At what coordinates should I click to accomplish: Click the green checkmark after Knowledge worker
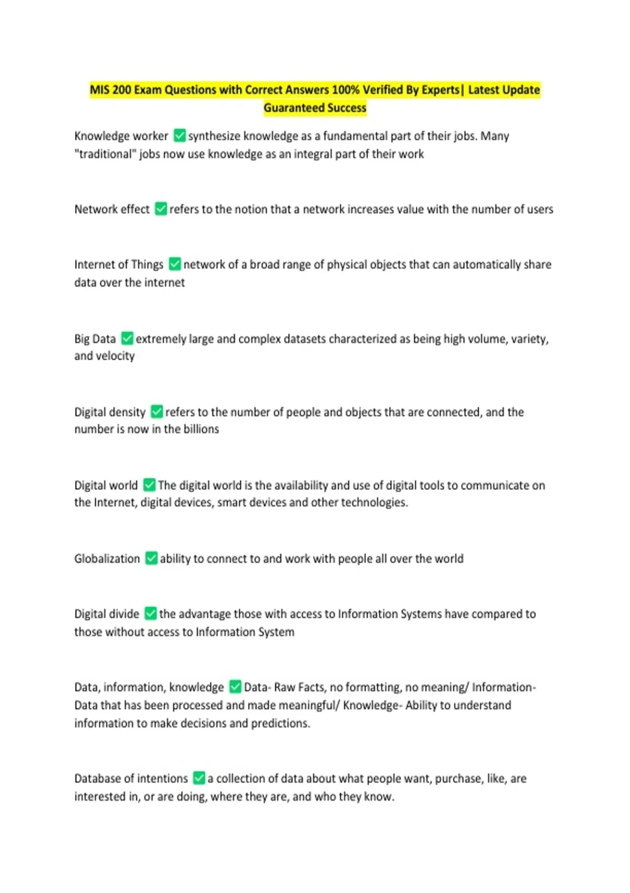pos(180,136)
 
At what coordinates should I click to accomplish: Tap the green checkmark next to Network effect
pos(161,209)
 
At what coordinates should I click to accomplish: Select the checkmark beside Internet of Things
pos(175,264)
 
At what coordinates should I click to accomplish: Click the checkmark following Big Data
pos(127,338)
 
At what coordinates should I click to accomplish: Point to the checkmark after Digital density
pos(156,411)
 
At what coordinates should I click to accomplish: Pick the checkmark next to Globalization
pos(151,558)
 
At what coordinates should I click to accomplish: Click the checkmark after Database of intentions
pos(199,777)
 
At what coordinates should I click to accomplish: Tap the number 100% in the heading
pos(345,90)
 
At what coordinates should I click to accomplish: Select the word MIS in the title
pos(99,90)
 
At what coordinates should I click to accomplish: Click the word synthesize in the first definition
pos(214,136)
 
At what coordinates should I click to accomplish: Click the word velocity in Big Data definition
pos(115,356)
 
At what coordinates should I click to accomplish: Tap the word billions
pos(201,429)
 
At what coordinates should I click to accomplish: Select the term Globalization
pos(107,558)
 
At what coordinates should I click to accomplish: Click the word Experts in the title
pos(440,90)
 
